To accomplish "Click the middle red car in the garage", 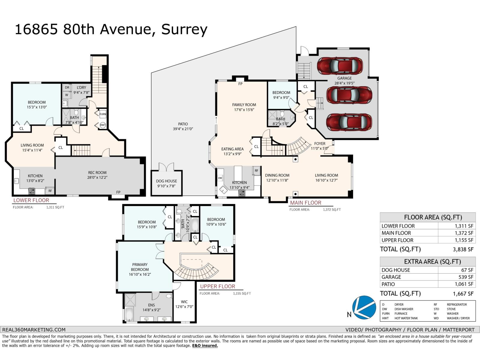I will [x=349, y=95].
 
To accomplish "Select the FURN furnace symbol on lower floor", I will [x=103, y=114].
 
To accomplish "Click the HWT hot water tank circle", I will [x=103, y=125].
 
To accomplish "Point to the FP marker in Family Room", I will [x=240, y=84].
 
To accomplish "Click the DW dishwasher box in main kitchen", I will [x=220, y=178].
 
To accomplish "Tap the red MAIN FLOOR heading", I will [x=305, y=203].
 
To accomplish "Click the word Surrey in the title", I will [x=184, y=29].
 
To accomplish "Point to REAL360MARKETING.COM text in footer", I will [x=34, y=329].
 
